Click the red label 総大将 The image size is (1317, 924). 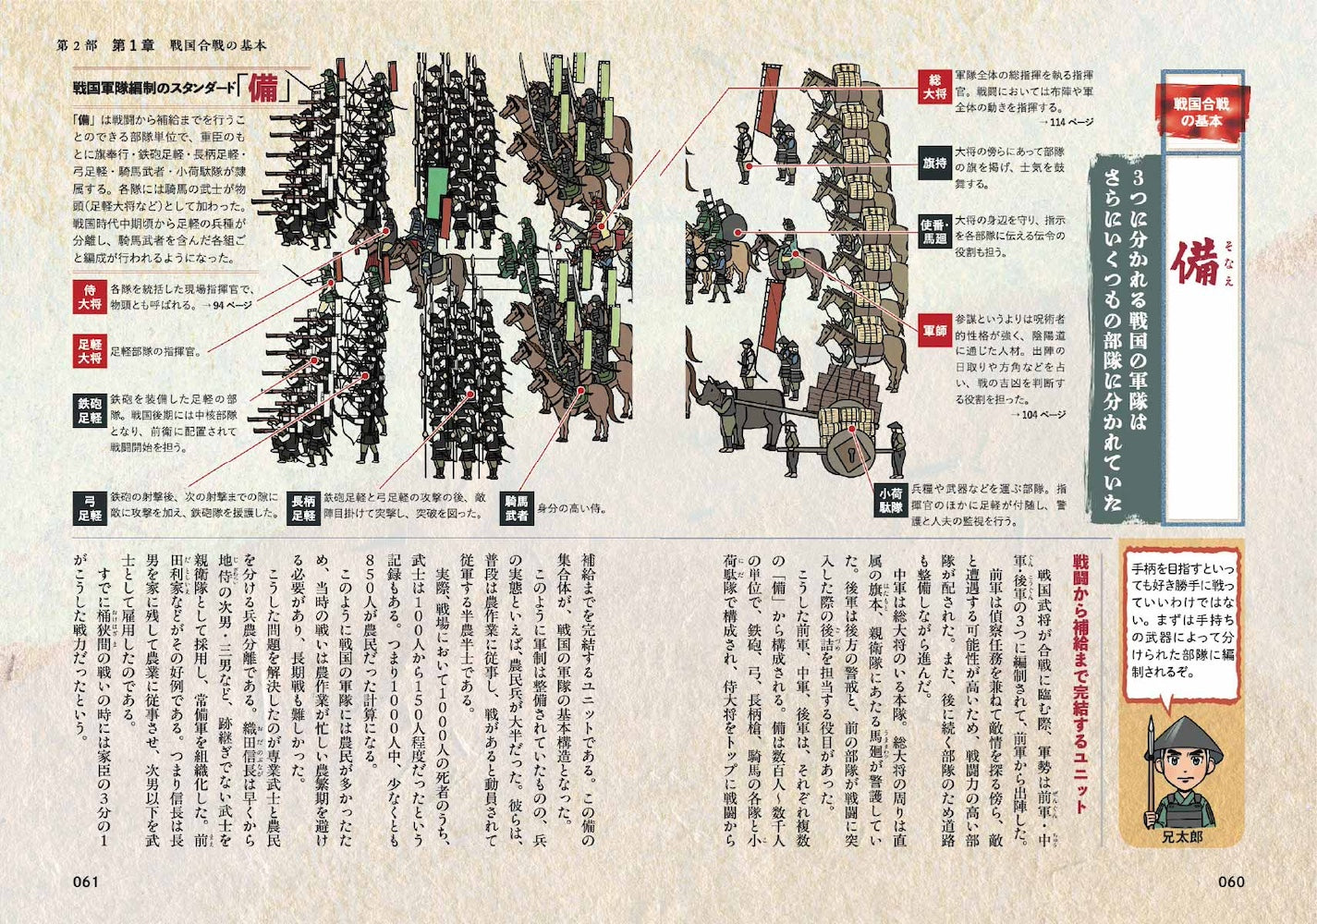pos(934,86)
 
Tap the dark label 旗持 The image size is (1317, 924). pos(934,163)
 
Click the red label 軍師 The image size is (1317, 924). pos(934,331)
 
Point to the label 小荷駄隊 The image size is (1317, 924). pos(890,500)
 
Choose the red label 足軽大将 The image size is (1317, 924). pos(90,351)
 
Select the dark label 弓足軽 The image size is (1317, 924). pos(90,507)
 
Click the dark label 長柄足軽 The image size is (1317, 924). pos(303,507)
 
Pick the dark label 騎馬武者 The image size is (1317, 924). pos(517,507)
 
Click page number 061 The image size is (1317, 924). pos(85,881)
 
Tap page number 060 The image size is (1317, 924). pos(1231,881)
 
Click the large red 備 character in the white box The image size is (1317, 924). pos(1200,264)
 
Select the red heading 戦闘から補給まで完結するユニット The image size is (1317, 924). pos(1079,685)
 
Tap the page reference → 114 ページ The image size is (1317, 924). pos(1065,122)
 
